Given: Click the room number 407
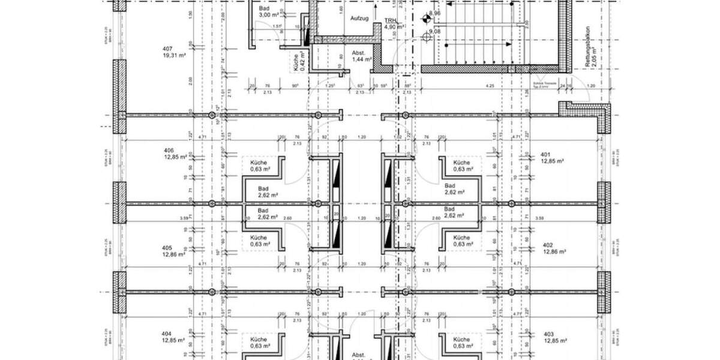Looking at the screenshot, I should tap(168, 49).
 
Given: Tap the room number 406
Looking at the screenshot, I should tap(168, 150).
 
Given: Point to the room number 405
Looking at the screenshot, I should tap(168, 248).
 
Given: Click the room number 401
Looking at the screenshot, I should tap(546, 154).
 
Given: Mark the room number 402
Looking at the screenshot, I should tap(547, 245).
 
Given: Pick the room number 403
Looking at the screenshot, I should tap(549, 334).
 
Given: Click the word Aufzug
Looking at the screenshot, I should tap(359, 19).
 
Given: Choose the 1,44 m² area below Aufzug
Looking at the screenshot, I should tap(362, 59).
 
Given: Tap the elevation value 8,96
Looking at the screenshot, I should tap(434, 13).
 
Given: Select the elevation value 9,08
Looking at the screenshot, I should tap(434, 31).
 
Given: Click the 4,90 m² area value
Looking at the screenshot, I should tap(394, 27).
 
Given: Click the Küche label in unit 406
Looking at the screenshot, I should tap(259, 163).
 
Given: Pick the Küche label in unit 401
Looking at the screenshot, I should tap(461, 163).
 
